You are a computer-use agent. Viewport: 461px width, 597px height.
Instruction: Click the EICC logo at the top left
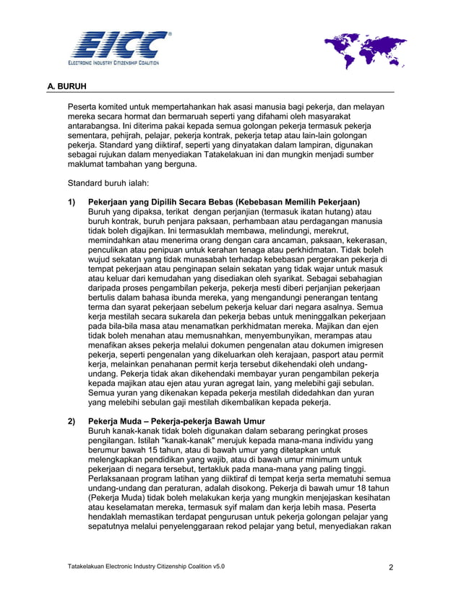(x=120, y=48)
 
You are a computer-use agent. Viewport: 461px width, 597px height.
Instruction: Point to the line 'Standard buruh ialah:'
(x=108, y=184)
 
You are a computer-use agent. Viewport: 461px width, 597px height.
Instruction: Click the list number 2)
(x=73, y=421)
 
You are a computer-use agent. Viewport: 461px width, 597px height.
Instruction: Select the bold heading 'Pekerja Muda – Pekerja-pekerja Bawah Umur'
(x=176, y=421)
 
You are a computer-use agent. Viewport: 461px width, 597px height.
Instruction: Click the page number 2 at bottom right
(x=391, y=567)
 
